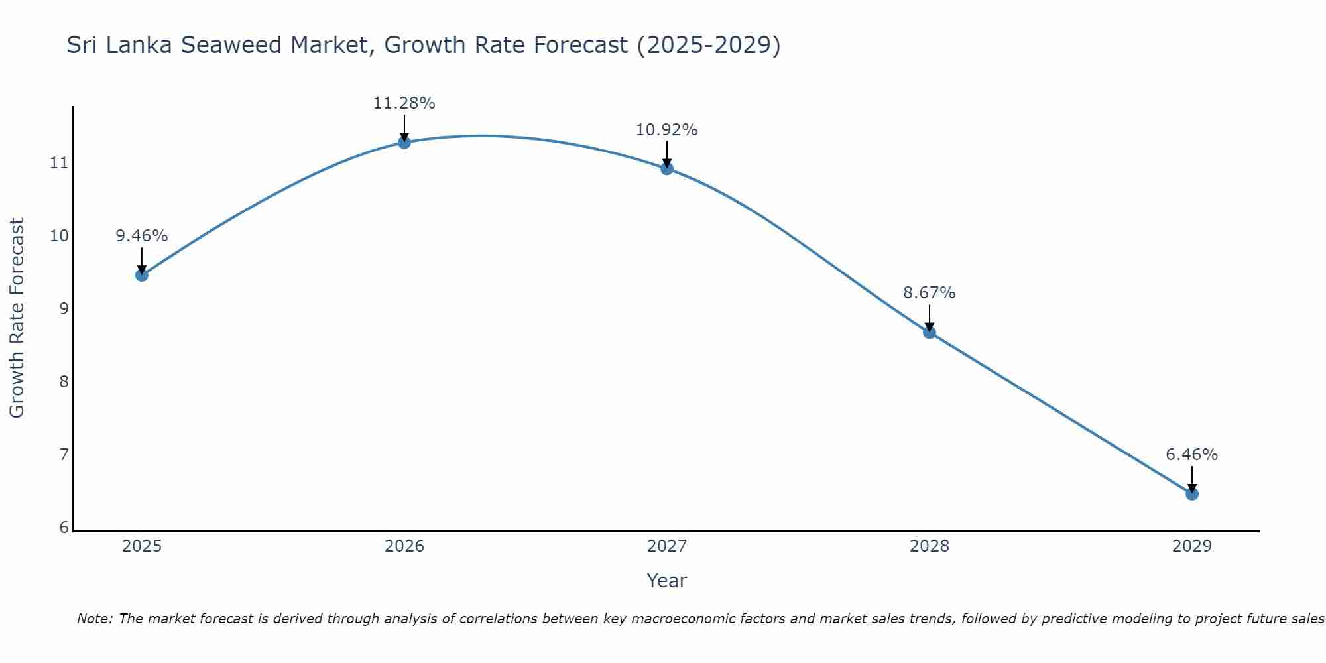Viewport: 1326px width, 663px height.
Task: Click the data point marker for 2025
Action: (x=141, y=274)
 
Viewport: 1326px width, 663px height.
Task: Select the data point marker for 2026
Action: (x=404, y=142)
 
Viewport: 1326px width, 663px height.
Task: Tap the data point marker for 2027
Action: (x=667, y=168)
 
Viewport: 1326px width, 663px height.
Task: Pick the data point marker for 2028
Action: (x=930, y=332)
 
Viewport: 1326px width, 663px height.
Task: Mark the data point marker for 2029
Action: (x=1191, y=493)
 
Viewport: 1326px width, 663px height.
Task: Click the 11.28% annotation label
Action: (x=404, y=103)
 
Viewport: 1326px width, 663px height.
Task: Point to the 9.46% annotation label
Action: (x=141, y=236)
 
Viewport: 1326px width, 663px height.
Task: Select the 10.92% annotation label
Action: (x=667, y=130)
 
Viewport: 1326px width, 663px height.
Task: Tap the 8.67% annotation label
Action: (x=930, y=293)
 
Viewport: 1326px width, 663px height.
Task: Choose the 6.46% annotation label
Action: (x=1191, y=455)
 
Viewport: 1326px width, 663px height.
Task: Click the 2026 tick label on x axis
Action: (x=404, y=546)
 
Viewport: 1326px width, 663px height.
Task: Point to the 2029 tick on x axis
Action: (x=1191, y=546)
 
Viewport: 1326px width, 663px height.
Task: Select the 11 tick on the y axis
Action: (x=60, y=163)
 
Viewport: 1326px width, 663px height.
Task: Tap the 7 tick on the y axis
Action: (x=64, y=455)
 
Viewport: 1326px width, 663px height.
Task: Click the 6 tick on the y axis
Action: (x=64, y=528)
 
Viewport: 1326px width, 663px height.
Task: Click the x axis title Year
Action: (x=666, y=581)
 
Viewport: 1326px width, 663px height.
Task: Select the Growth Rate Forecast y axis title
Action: (x=17, y=318)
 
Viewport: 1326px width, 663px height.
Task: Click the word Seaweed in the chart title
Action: (x=231, y=46)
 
